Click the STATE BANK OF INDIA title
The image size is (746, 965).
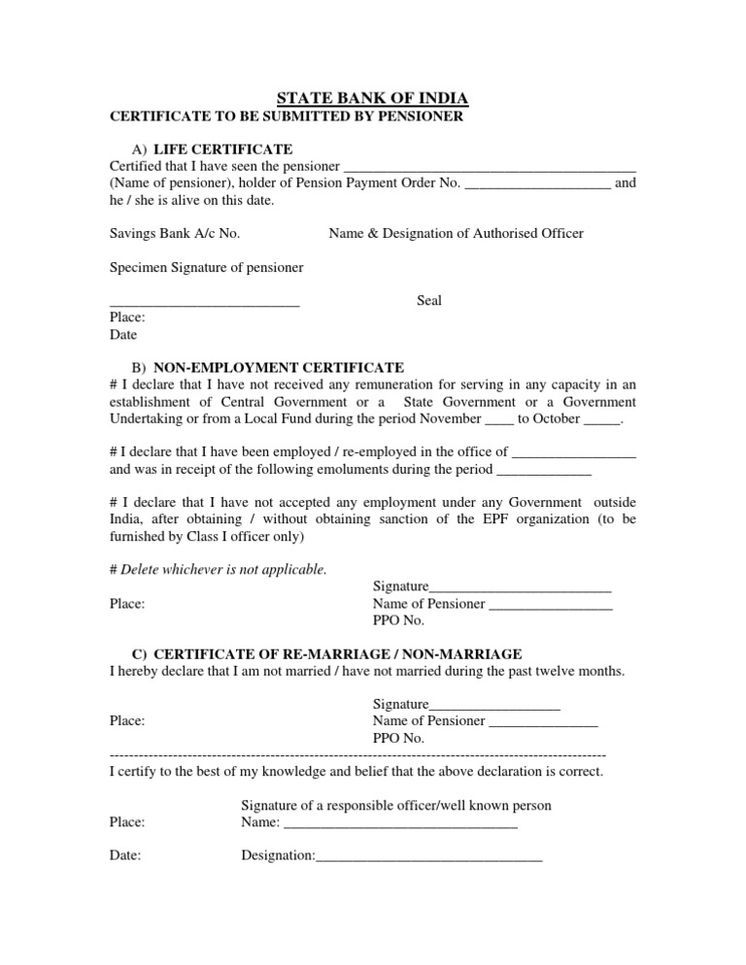point(373,98)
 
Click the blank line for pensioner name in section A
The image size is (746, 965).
point(491,167)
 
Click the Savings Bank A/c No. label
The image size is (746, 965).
point(175,233)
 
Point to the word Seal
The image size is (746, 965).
point(428,301)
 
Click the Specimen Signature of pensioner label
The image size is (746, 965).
point(206,267)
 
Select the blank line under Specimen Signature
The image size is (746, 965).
point(204,306)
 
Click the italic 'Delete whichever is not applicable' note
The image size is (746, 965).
point(219,569)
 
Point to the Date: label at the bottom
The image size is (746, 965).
point(125,856)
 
